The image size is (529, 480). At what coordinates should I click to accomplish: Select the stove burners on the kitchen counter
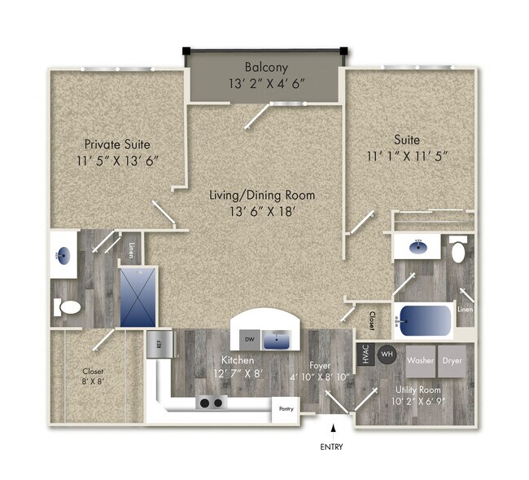point(212,403)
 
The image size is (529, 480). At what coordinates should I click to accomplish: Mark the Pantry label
point(286,408)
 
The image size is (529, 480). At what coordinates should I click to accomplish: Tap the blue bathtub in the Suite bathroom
point(422,320)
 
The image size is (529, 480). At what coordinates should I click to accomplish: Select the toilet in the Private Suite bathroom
point(69,307)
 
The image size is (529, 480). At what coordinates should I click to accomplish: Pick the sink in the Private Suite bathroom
point(63,255)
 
